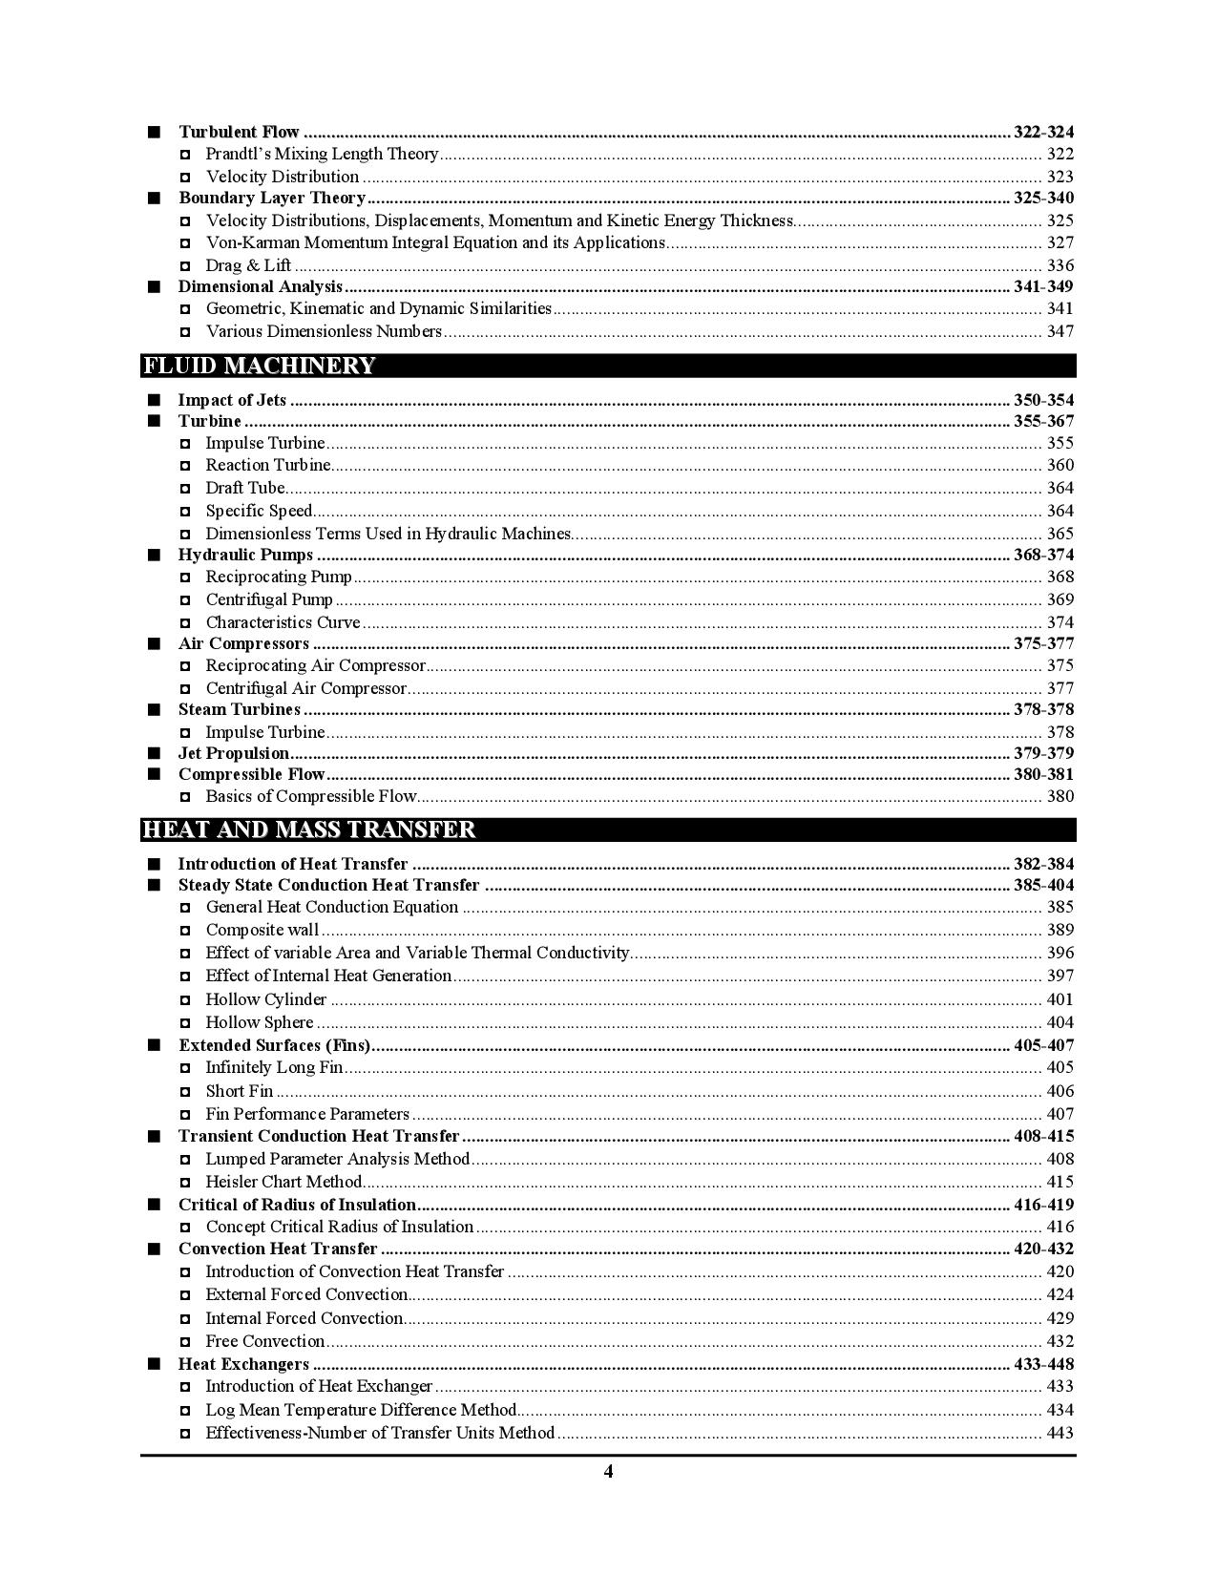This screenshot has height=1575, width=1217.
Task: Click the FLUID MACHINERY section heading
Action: [x=259, y=366]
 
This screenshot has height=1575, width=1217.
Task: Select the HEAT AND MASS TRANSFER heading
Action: [x=308, y=829]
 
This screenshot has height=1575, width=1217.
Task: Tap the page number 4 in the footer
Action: [x=608, y=1471]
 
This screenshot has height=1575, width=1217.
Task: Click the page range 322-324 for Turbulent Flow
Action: [x=1043, y=132]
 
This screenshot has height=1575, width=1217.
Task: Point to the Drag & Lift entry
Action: [x=248, y=265]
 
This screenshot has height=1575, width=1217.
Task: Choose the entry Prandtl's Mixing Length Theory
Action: [x=322, y=154]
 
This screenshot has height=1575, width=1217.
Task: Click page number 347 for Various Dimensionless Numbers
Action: [x=1060, y=331]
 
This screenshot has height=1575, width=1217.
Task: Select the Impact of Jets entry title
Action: [x=232, y=400]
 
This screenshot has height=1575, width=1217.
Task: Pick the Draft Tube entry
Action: [x=245, y=488]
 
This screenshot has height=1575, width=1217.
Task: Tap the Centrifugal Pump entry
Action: [x=269, y=599]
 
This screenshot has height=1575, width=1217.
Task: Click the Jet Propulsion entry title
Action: [x=233, y=753]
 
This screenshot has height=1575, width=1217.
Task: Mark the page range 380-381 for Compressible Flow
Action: [x=1043, y=774]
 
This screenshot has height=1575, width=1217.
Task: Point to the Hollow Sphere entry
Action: [x=260, y=1022]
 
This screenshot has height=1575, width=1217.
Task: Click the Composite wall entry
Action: [x=262, y=930]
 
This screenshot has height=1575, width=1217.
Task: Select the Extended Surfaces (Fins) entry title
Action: [x=274, y=1045]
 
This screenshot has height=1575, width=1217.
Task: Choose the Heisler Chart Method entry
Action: [x=283, y=1182]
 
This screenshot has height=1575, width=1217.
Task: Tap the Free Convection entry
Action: [x=265, y=1341]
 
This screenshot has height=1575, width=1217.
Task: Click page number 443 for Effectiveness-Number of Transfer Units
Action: [x=1060, y=1433]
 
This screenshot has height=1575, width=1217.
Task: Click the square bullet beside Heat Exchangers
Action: [x=155, y=1364]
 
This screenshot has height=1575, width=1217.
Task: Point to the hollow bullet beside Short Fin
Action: [x=185, y=1091]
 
